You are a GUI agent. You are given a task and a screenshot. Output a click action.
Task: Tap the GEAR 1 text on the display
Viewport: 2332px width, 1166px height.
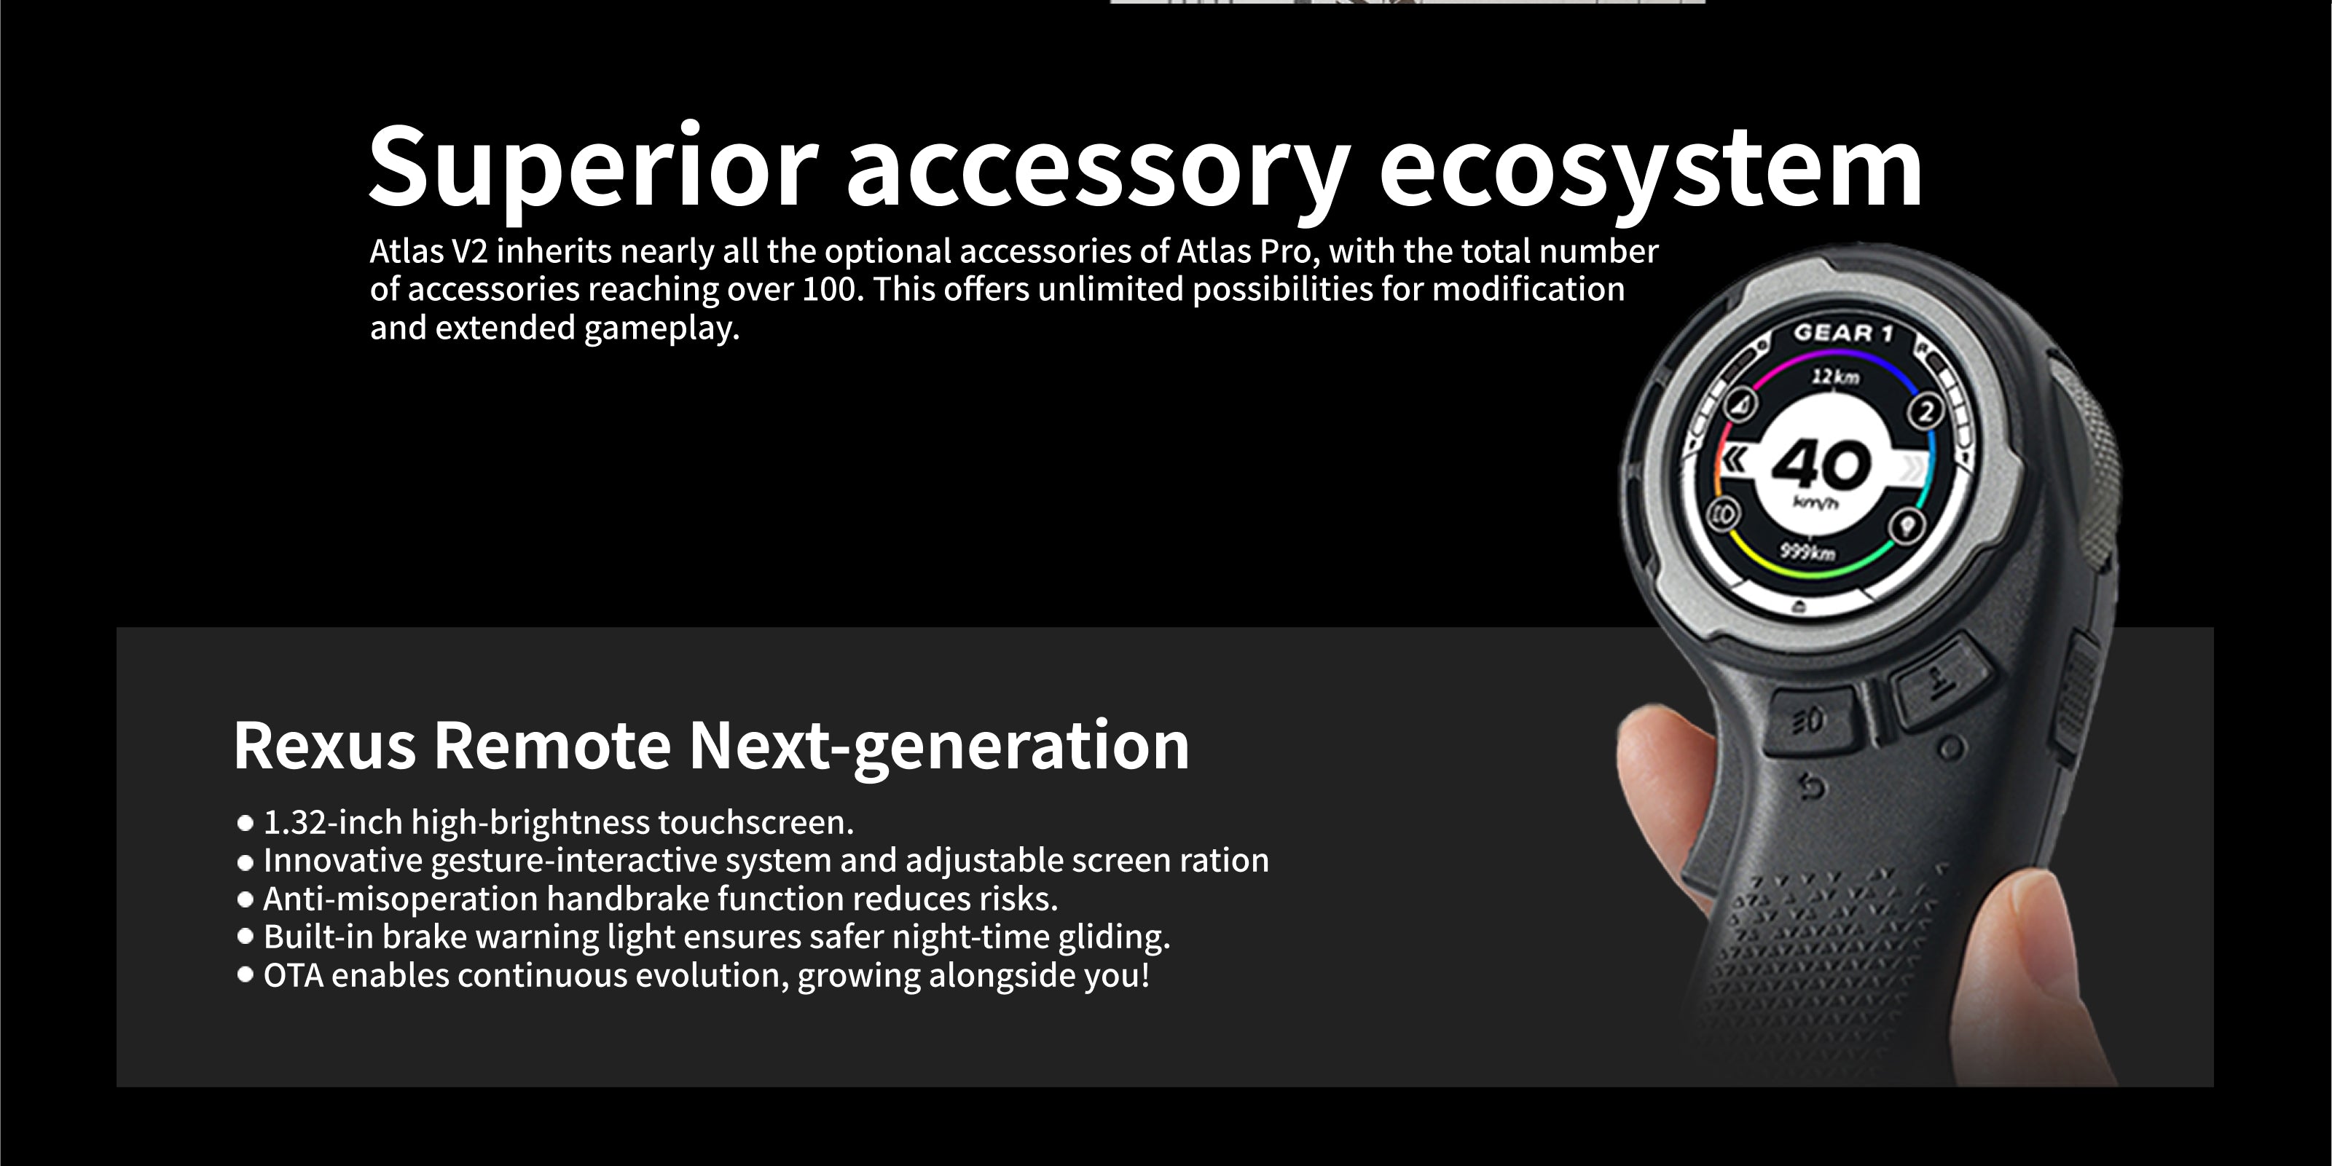tap(1843, 333)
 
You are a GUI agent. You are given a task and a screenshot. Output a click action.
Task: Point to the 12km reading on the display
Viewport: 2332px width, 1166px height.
tap(1835, 376)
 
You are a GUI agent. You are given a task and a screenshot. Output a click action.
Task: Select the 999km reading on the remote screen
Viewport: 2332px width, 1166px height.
tap(1808, 551)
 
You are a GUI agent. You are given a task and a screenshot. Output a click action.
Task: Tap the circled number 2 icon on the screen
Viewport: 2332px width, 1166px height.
tap(1926, 411)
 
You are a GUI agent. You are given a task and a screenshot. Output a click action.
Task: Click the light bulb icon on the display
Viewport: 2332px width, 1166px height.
tap(1908, 524)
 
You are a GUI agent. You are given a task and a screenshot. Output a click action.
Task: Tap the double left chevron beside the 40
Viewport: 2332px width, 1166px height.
tap(1735, 459)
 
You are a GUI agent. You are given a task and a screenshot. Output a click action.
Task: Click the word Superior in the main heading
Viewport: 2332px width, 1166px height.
tap(594, 168)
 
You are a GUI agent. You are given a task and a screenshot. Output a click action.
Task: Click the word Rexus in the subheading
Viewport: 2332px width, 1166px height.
tap(324, 746)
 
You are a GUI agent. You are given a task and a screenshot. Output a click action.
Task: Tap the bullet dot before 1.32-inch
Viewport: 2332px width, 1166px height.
tap(245, 823)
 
